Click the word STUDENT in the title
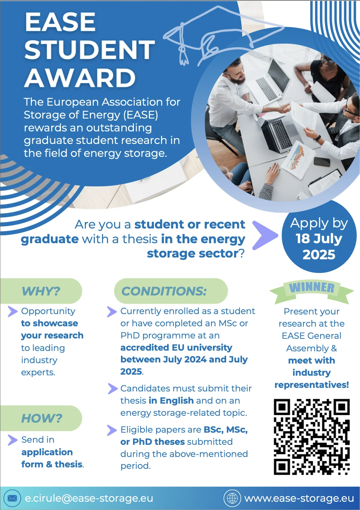89,49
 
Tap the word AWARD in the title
80,78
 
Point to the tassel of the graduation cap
183,55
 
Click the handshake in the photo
285,108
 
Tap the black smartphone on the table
322,162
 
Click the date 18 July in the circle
319,239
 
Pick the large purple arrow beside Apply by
265,235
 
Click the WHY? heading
41,291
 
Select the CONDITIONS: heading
164,291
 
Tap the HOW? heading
42,418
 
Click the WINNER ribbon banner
312,290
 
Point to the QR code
312,437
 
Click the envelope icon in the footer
12,498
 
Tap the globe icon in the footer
232,498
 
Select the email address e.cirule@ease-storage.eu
89,498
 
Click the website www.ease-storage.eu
299,498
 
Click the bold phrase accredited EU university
176,348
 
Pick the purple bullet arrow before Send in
13,440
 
